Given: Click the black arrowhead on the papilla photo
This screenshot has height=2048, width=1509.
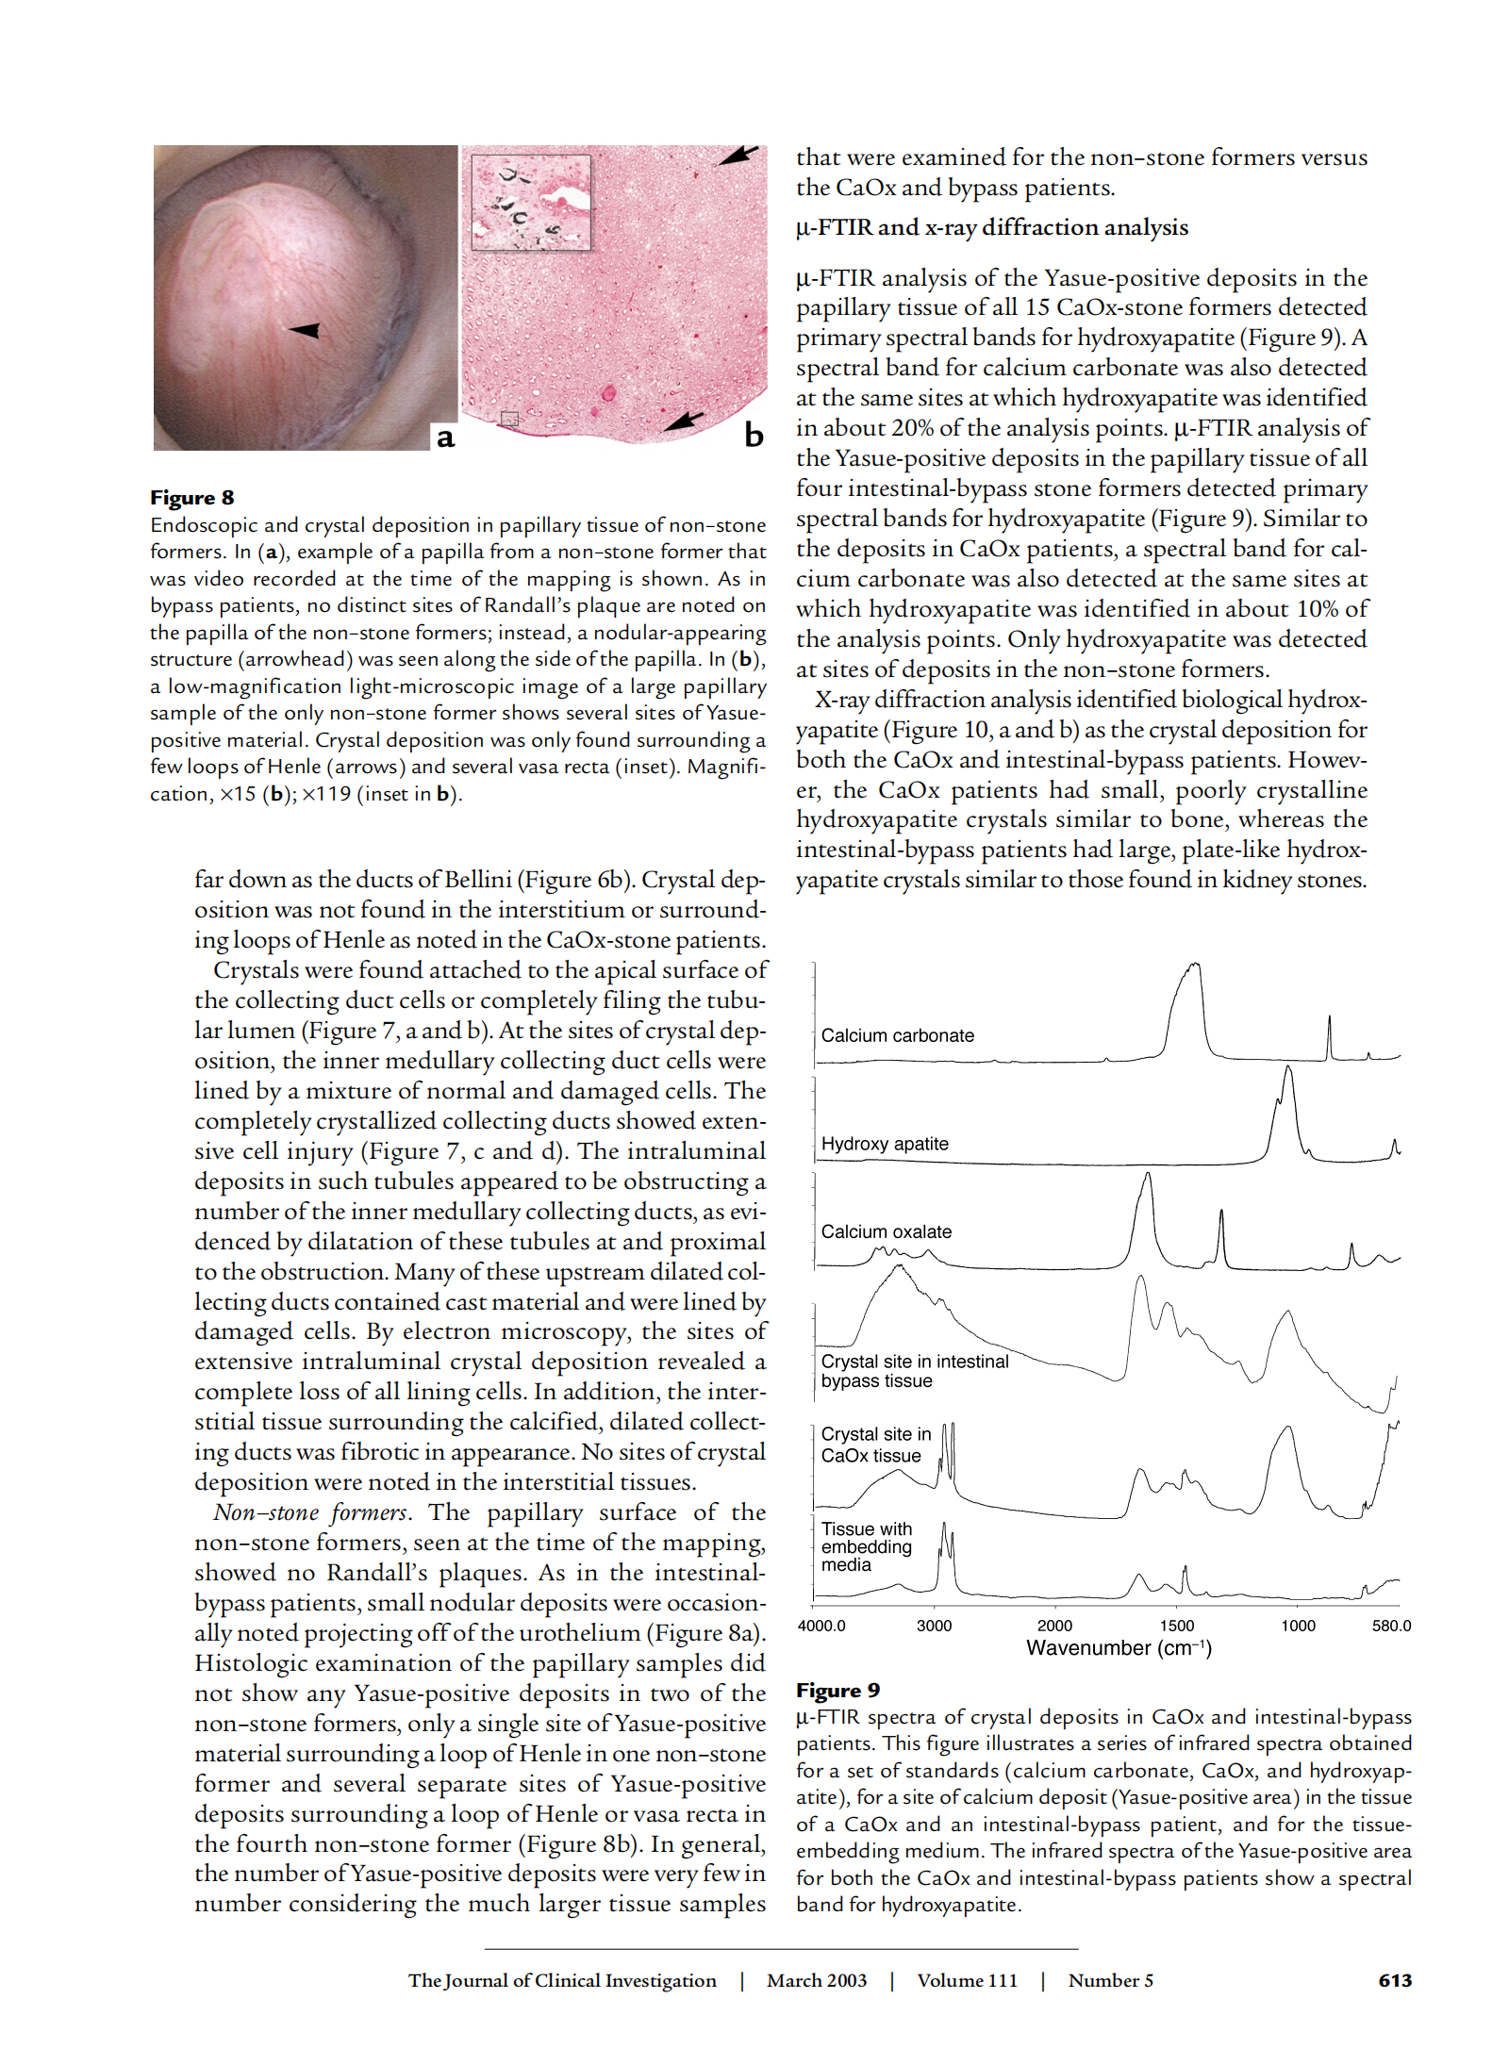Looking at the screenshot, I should point(306,330).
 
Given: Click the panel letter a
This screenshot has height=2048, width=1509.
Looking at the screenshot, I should point(445,438).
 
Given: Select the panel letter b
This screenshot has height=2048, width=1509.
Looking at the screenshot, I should point(754,435).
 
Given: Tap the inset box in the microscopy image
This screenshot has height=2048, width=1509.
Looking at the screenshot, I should point(531,202).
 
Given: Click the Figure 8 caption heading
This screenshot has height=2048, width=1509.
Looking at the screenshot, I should point(192,497).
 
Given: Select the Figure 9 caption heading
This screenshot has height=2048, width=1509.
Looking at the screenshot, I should point(837,1690).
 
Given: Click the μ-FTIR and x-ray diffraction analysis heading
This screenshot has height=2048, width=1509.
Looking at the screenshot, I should point(991,227).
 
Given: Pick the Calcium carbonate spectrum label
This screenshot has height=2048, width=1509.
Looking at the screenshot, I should point(897,1035).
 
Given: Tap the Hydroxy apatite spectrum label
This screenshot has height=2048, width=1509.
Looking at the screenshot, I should point(885,1144).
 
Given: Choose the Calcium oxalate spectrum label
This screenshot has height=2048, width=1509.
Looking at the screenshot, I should point(886,1231).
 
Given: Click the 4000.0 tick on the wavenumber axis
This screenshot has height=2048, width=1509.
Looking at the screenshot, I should point(821,1626).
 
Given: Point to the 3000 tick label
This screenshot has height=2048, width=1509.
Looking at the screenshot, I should point(934,1626).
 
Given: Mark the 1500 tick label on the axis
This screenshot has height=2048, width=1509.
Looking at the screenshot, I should point(1176,1626).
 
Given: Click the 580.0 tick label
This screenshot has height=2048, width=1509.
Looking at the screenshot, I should point(1391,1626).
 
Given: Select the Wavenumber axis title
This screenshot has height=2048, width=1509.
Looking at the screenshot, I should point(1119,1648).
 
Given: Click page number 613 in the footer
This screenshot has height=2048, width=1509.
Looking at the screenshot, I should point(1395,1980).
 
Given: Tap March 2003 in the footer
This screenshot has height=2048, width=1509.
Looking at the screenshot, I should point(816,1980).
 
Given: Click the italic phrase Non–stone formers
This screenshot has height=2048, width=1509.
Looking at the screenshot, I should point(311,1512).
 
